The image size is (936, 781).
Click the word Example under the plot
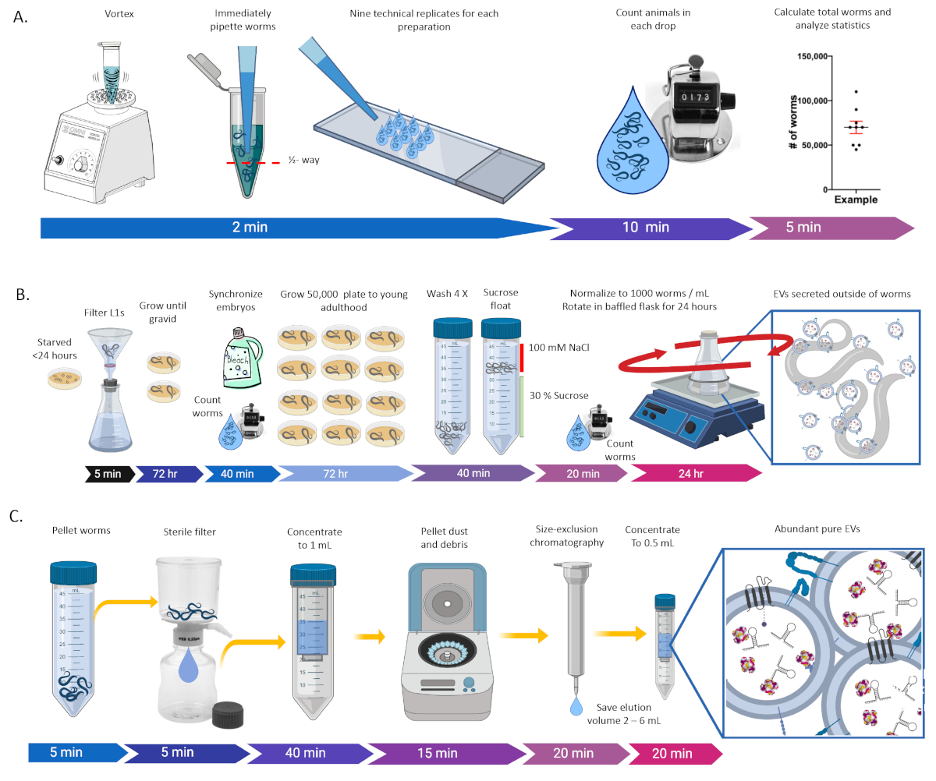click(856, 200)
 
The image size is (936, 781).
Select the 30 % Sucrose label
click(558, 394)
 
